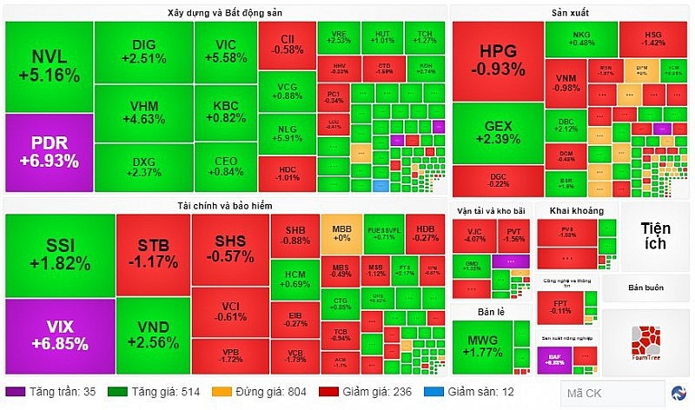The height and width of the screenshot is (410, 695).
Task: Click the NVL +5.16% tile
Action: [x=49, y=67]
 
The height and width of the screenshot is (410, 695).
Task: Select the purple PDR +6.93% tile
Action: [x=49, y=152]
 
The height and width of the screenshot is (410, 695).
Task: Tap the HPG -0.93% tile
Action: [x=497, y=59]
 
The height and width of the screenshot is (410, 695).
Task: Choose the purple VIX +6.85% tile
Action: [x=59, y=334]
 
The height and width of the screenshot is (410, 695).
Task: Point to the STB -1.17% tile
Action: [x=153, y=248]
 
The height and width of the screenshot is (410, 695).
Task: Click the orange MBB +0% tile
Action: [x=341, y=232]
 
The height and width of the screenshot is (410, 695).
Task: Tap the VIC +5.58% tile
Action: [x=225, y=52]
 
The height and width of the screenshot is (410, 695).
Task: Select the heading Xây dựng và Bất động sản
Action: [x=225, y=12]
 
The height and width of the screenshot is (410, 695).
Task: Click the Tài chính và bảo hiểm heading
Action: [x=225, y=204]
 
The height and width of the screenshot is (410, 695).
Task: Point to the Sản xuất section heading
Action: [x=570, y=12]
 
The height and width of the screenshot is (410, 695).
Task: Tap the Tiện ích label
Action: [x=655, y=235]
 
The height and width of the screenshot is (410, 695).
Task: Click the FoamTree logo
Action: [x=645, y=341]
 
